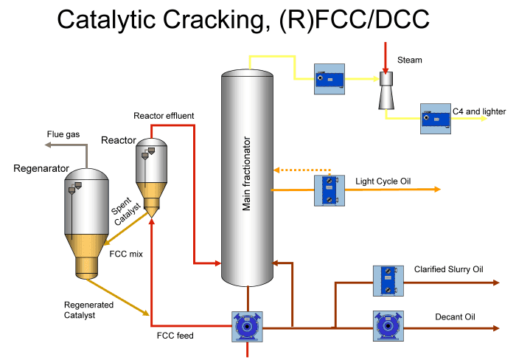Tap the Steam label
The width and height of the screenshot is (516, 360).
pos(409,60)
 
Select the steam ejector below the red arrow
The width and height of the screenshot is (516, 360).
pos(386,89)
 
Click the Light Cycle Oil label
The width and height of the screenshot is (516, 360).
pos(383,181)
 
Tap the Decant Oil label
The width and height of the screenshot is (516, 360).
pos(455,317)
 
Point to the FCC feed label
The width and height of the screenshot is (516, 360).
pos(175,336)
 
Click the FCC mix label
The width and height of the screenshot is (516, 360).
pos(125,254)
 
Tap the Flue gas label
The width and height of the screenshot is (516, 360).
pos(65,135)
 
